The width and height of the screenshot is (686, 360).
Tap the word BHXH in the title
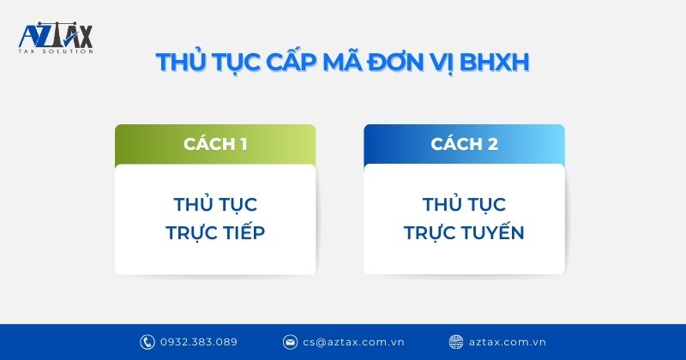tap(505, 63)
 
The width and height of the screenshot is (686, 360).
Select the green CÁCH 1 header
tap(215, 144)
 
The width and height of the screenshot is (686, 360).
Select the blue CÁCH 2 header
tap(464, 144)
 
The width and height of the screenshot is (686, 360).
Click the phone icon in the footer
tap(147, 341)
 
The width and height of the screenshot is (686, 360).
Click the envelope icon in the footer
tap(291, 341)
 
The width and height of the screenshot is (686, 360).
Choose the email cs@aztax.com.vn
tap(350, 341)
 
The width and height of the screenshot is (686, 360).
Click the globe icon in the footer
tap(456, 341)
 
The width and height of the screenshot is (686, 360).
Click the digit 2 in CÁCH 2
tap(492, 144)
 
